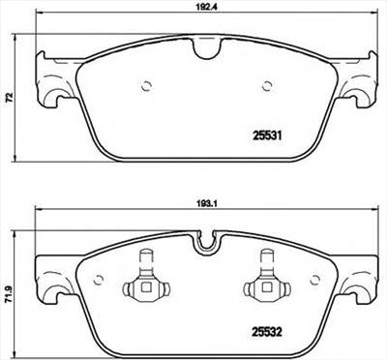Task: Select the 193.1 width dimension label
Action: tap(202, 204)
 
